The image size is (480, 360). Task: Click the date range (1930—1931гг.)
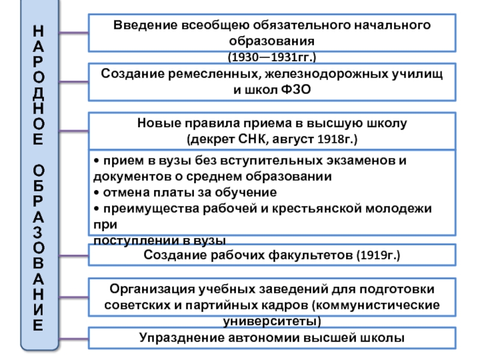click(x=272, y=57)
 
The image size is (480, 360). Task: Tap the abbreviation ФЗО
click(x=296, y=89)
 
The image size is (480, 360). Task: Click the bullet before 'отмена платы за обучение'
click(x=97, y=193)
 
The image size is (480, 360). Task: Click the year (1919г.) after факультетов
click(x=378, y=255)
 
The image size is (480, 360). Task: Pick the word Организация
click(x=152, y=289)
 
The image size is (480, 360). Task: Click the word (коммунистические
click(x=376, y=305)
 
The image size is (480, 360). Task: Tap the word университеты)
click(x=272, y=322)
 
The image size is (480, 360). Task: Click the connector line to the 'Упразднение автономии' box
click(x=73, y=338)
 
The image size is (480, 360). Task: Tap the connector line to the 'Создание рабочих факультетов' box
click(x=73, y=256)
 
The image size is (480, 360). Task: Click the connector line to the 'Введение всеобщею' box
click(x=73, y=32)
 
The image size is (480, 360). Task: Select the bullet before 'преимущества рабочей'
click(x=97, y=208)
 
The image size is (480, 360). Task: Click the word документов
click(x=137, y=176)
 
